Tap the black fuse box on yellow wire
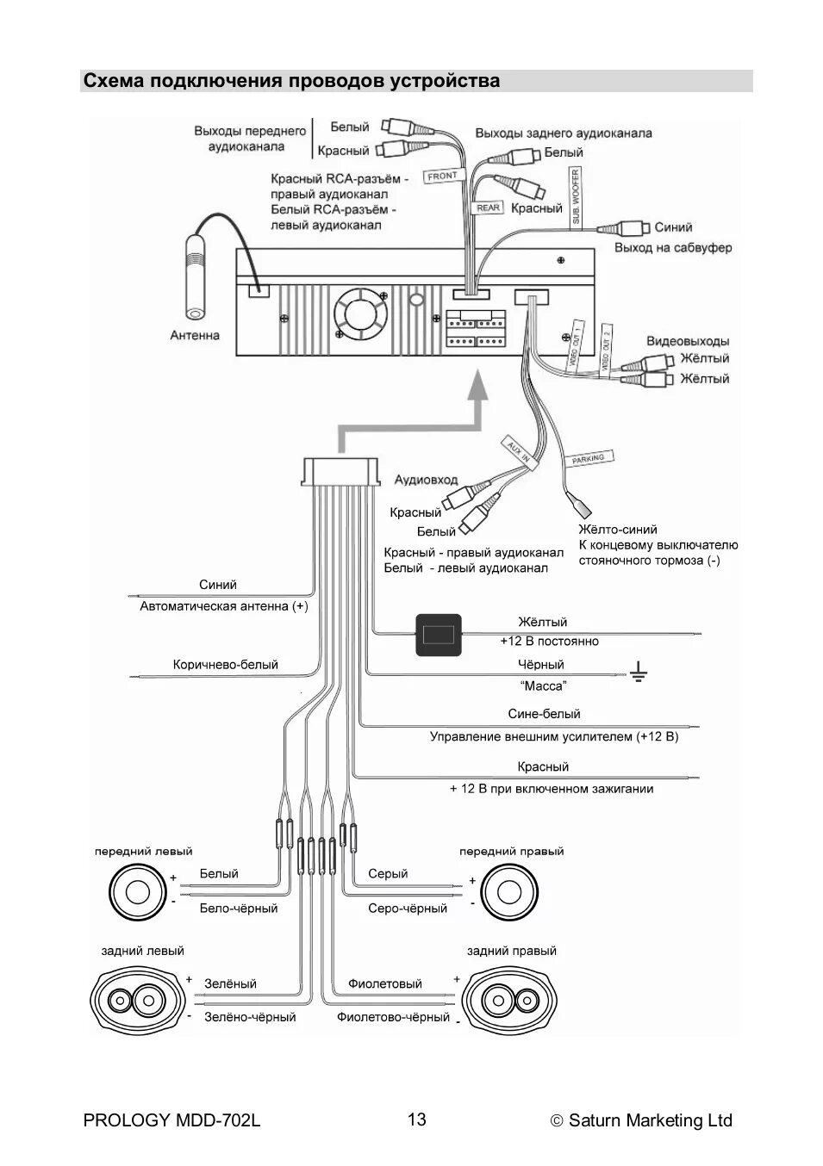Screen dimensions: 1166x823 (439, 636)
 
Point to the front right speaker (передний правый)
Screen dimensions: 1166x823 (508, 891)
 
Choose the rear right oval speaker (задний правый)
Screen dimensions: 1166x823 (511, 1000)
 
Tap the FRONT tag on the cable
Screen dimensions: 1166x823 (442, 176)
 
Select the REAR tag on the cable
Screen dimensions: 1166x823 (488, 208)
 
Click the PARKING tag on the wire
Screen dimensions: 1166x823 (589, 459)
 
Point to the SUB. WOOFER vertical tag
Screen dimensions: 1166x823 (576, 197)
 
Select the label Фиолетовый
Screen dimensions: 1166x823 (384, 983)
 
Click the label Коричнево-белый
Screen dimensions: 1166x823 (226, 665)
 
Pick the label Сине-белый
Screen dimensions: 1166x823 (544, 714)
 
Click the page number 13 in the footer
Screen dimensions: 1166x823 (416, 1119)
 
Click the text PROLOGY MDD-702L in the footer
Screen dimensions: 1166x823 (171, 1120)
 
